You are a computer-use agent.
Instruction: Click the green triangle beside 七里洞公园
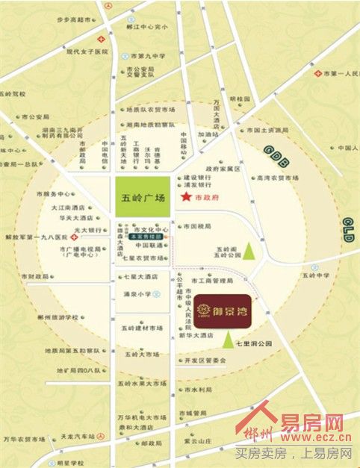(227, 341)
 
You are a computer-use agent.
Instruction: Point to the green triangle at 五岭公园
(258, 251)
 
